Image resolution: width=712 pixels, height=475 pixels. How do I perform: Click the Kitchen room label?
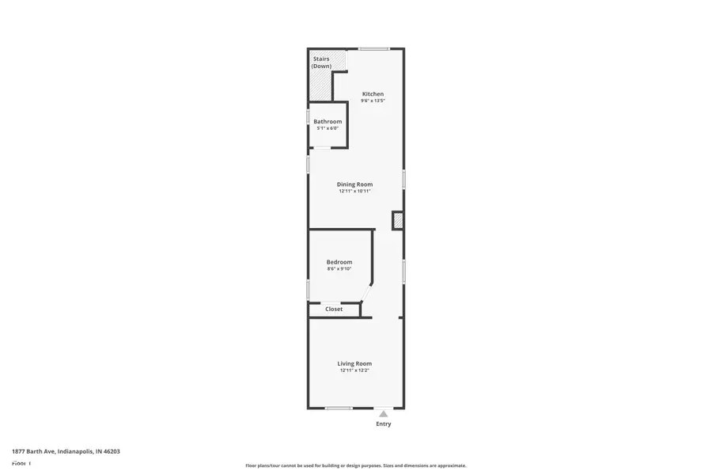(373, 93)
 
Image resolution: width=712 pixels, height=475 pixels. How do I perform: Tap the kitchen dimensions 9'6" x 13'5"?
(373, 101)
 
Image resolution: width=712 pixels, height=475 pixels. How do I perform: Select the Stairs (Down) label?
(321, 62)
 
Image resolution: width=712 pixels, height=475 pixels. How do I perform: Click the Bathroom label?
(328, 121)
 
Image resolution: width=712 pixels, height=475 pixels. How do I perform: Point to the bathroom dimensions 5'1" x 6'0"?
(328, 128)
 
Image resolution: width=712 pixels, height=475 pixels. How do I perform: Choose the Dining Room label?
(354, 184)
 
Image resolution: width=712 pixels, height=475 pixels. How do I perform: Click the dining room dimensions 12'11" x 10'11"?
(354, 191)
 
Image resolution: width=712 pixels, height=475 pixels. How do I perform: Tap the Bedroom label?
(339, 262)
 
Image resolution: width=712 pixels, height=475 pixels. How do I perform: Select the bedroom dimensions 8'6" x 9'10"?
(339, 269)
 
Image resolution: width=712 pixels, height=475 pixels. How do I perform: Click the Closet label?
(334, 309)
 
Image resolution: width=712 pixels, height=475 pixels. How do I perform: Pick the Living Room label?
(354, 363)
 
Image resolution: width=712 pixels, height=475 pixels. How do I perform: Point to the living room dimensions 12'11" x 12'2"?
(354, 370)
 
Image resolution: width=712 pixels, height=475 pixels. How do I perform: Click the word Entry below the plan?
(383, 424)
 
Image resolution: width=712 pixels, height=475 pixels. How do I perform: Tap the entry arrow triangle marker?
(383, 412)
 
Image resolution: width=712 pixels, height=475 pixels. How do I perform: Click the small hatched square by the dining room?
(397, 221)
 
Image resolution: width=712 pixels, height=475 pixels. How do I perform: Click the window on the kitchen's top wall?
(373, 49)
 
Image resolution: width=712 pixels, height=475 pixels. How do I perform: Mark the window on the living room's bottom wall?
(339, 408)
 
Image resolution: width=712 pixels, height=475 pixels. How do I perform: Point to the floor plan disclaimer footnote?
(355, 465)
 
